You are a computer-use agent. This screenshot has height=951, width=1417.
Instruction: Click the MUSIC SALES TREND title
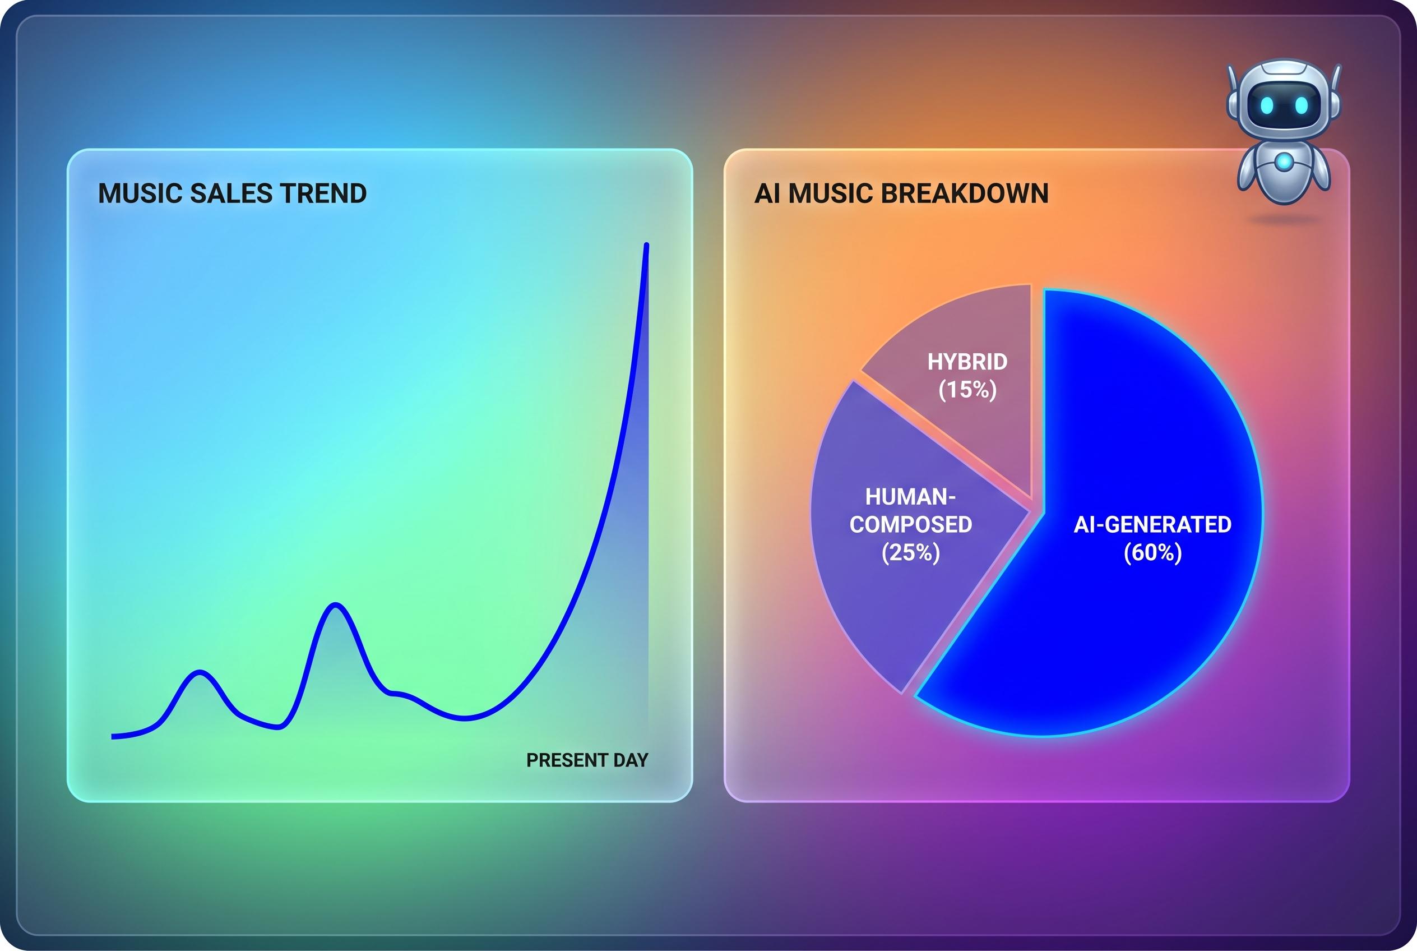pyautogui.click(x=232, y=193)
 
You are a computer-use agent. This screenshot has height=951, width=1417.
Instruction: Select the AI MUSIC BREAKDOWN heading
pyautogui.click(x=901, y=193)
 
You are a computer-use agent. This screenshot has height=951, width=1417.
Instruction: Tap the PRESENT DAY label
pyautogui.click(x=587, y=760)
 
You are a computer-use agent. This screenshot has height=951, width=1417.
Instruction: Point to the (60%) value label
pyautogui.click(x=1152, y=552)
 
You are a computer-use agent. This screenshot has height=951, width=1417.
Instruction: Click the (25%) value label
pyautogui.click(x=911, y=552)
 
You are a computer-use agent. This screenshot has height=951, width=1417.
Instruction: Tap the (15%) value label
pyautogui.click(x=967, y=389)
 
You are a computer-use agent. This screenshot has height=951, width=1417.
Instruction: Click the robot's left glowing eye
pyautogui.click(x=1267, y=105)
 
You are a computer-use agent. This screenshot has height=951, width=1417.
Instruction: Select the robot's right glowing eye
pyautogui.click(x=1301, y=105)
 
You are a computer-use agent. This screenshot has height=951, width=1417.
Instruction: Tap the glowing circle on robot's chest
pyautogui.click(x=1284, y=161)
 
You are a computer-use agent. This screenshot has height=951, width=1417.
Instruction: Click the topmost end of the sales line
pyautogui.click(x=646, y=245)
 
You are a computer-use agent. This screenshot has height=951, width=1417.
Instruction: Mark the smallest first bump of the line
pyautogui.click(x=200, y=672)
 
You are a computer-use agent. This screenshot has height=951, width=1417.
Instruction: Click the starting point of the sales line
pyautogui.click(x=113, y=736)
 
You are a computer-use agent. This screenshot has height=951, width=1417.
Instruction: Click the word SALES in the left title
pyautogui.click(x=231, y=193)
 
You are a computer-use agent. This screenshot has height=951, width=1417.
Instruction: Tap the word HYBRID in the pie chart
pyautogui.click(x=967, y=362)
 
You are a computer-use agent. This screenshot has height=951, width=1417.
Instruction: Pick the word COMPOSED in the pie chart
pyautogui.click(x=911, y=525)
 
